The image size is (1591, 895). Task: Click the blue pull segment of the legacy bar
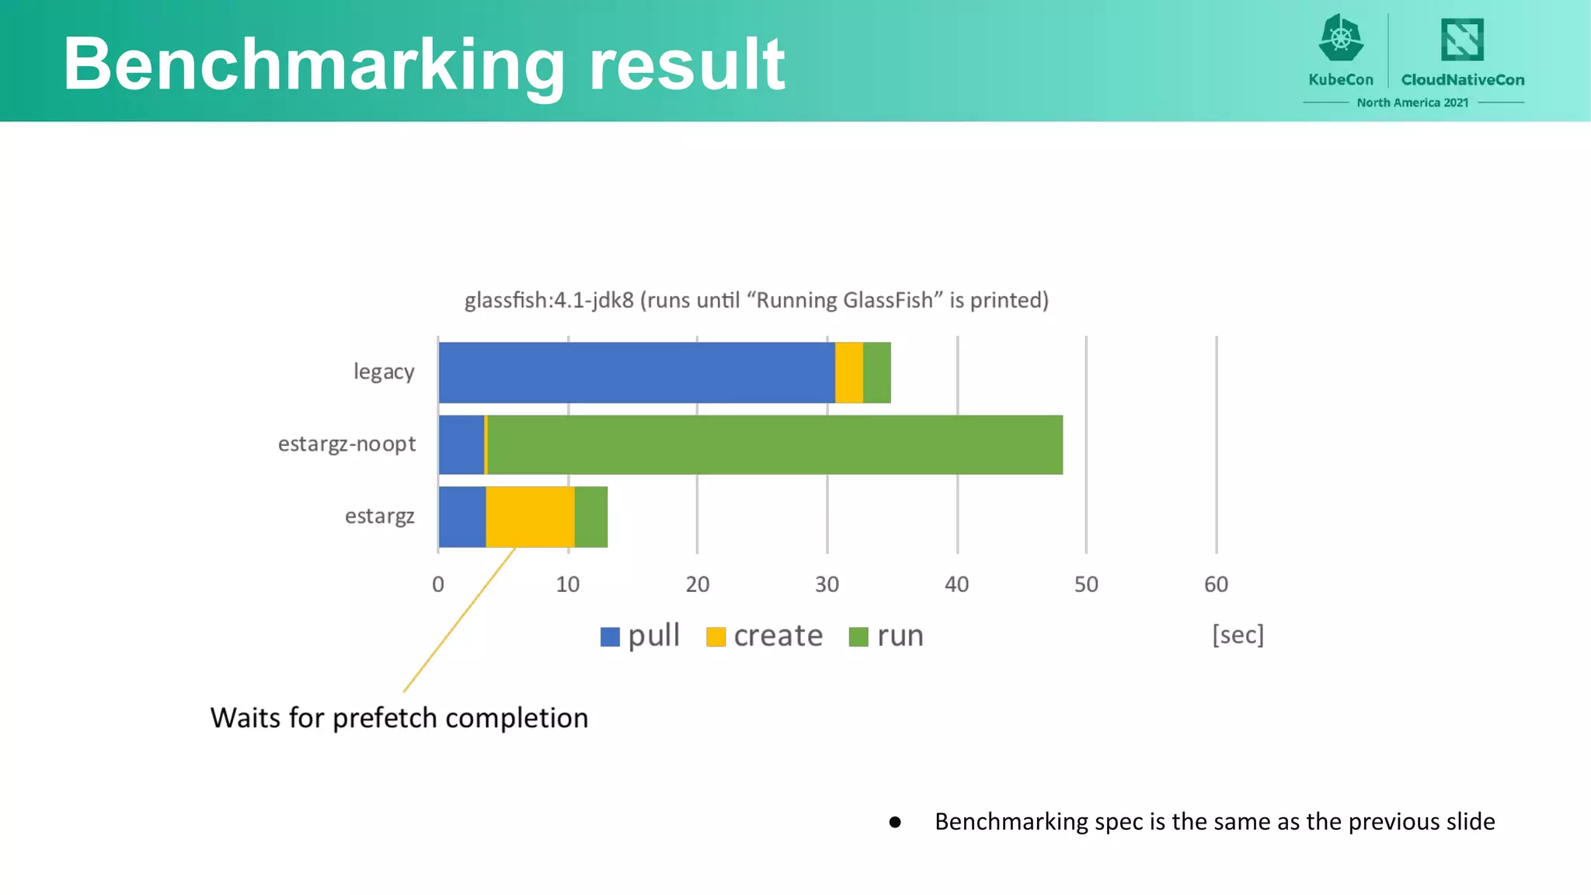(636, 373)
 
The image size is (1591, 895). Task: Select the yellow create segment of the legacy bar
(848, 373)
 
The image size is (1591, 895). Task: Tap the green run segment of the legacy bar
(876, 373)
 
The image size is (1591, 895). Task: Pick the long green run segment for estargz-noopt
(775, 444)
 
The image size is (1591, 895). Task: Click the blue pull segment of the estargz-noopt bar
(461, 444)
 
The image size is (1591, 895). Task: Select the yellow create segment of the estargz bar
(530, 517)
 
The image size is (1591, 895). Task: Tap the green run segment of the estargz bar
(590, 517)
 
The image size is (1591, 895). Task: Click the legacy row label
(384, 372)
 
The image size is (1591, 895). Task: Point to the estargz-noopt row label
(346, 444)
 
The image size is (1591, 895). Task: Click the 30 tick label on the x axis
(827, 584)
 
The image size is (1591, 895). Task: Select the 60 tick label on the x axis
(1216, 584)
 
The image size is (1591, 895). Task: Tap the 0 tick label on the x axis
(438, 584)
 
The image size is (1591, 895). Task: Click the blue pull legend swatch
(610, 637)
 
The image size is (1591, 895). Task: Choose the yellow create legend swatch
(715, 637)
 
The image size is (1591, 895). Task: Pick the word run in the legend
(900, 636)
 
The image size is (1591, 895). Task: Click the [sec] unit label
(1238, 635)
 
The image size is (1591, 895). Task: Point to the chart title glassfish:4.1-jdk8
(756, 300)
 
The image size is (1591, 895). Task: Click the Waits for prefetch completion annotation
(399, 718)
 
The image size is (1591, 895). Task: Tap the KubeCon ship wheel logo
(1341, 38)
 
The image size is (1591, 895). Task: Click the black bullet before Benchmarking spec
(895, 822)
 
